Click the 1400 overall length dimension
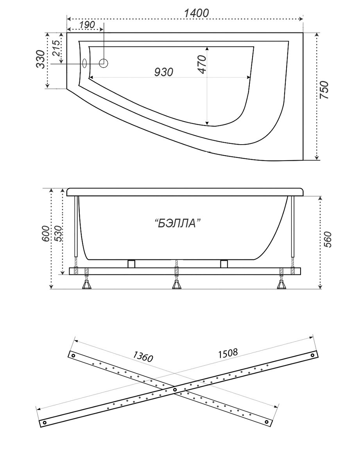[x=196, y=13]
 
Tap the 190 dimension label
[x=87, y=25]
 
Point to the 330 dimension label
[x=40, y=59]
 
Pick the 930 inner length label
[x=164, y=72]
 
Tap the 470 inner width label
[x=202, y=64]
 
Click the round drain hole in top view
[x=103, y=63]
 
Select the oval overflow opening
[x=85, y=63]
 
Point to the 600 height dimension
[x=46, y=234]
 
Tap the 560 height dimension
[x=327, y=239]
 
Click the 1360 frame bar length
[x=143, y=356]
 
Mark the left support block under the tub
[x=131, y=264]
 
